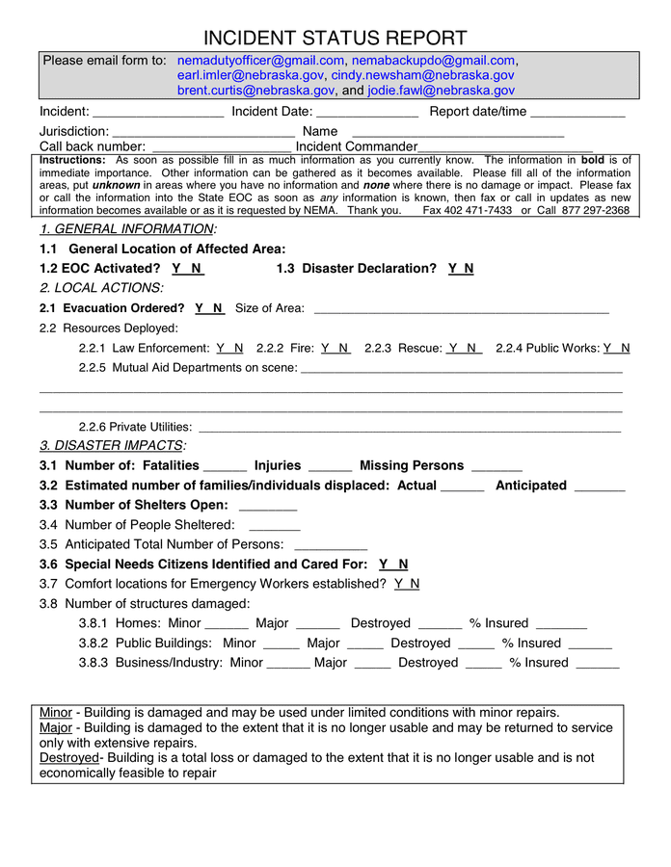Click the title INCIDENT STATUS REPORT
pyautogui.click(x=335, y=39)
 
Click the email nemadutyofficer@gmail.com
pyautogui.click(x=260, y=61)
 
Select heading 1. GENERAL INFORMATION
pyautogui.click(x=127, y=229)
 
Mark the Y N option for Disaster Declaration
pyautogui.click(x=461, y=269)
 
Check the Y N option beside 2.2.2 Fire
pyautogui.click(x=335, y=348)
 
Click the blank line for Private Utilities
pyautogui.click(x=409, y=428)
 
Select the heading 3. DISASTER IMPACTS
pyautogui.click(x=112, y=446)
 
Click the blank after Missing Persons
pyautogui.click(x=497, y=467)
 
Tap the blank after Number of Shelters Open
pyautogui.click(x=268, y=507)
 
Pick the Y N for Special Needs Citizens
pyautogui.click(x=393, y=565)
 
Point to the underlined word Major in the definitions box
pyautogui.click(x=56, y=728)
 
